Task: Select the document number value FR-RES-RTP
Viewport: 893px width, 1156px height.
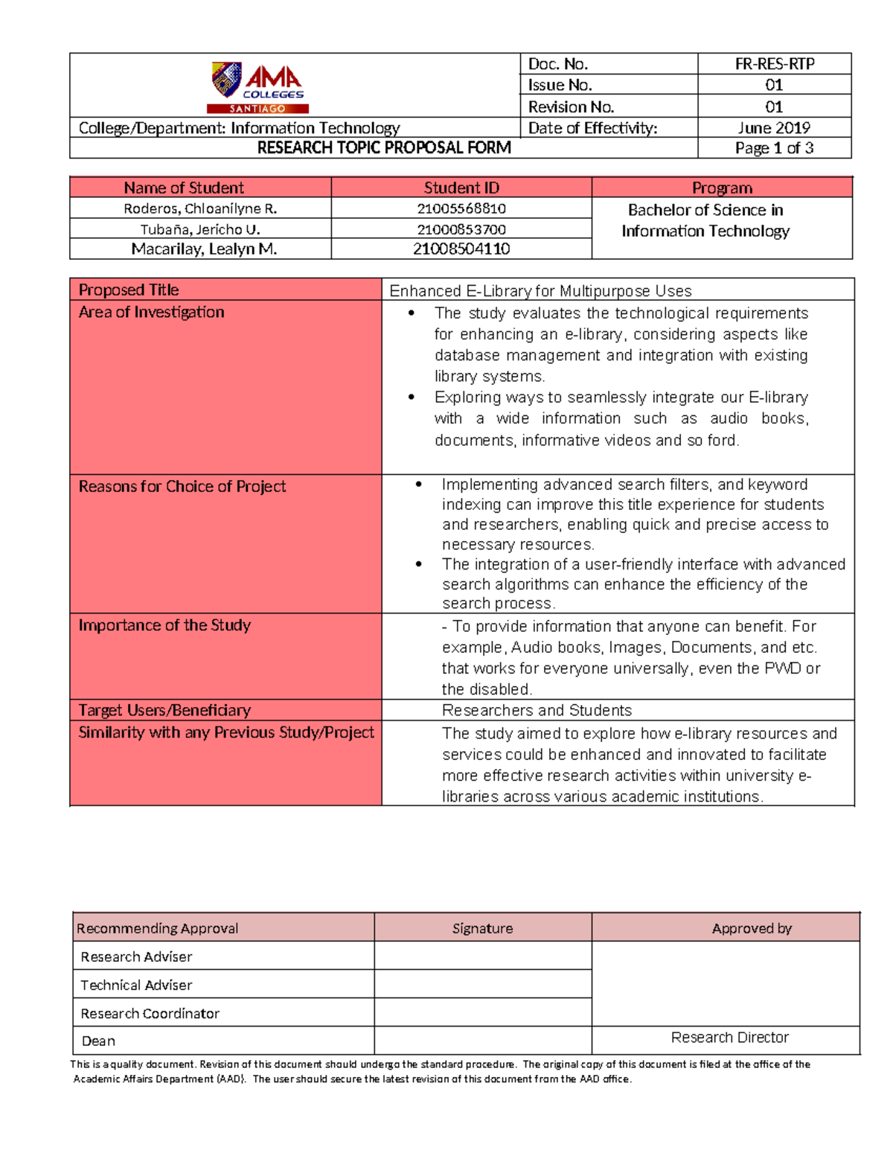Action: tap(774, 64)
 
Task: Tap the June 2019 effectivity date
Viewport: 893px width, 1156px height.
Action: tap(774, 128)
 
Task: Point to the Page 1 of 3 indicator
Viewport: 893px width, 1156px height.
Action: tap(774, 148)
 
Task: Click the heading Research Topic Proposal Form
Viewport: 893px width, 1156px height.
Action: tap(384, 148)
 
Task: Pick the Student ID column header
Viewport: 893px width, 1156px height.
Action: tap(461, 188)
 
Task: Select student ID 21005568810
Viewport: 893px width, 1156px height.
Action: tap(461, 208)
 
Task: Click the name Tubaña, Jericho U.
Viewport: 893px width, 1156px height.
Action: tap(200, 229)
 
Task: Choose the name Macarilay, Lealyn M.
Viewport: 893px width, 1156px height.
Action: tap(204, 249)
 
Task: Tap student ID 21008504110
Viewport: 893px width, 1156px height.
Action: tap(461, 249)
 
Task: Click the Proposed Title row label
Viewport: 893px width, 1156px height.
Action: tap(129, 290)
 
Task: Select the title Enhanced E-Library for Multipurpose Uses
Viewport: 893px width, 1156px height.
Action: tap(540, 291)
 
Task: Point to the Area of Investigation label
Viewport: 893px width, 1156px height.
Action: tap(152, 313)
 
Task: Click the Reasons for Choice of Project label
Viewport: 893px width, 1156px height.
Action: tap(182, 487)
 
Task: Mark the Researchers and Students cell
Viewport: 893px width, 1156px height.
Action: tap(537, 711)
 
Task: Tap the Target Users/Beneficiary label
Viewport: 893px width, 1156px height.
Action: tap(164, 711)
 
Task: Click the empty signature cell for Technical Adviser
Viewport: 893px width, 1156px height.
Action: tap(483, 985)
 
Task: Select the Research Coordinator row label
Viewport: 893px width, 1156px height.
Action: tap(150, 1014)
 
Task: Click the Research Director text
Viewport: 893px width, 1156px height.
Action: tap(729, 1038)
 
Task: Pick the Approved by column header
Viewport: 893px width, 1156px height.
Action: tap(752, 928)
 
